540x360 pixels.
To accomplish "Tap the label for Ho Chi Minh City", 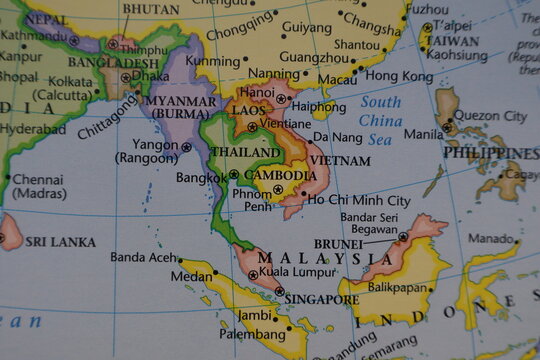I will pyautogui.click(x=358, y=200).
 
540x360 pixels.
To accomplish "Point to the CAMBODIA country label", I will pyautogui.click(x=280, y=174).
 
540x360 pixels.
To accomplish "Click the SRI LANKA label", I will pyautogui.click(x=60, y=242).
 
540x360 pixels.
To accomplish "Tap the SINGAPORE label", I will pyautogui.click(x=321, y=298).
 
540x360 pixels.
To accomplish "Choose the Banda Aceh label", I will pyautogui.click(x=141, y=257).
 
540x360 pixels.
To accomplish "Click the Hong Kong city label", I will pyautogui.click(x=399, y=76).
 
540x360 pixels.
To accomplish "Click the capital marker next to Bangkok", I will pyautogui.click(x=232, y=174).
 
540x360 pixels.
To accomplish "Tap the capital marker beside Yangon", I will pyautogui.click(x=186, y=146).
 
